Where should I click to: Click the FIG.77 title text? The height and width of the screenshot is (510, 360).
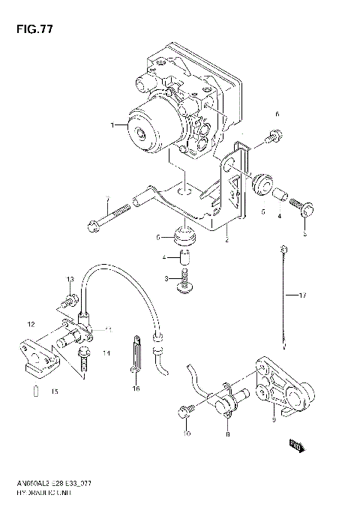29,29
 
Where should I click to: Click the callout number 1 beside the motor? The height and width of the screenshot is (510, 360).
112,124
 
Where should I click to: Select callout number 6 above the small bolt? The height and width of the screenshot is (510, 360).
277,114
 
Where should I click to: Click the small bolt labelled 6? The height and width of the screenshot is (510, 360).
274,136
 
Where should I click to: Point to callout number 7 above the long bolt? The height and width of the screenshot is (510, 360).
107,199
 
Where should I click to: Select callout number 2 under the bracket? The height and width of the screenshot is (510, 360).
226,240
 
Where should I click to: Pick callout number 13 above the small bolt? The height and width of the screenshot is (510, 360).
69,280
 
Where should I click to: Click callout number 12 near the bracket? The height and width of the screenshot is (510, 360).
31,324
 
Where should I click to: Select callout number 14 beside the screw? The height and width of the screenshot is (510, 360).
106,352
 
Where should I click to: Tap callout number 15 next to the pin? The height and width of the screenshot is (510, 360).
53,392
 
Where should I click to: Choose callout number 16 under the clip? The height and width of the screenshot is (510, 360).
136,389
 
